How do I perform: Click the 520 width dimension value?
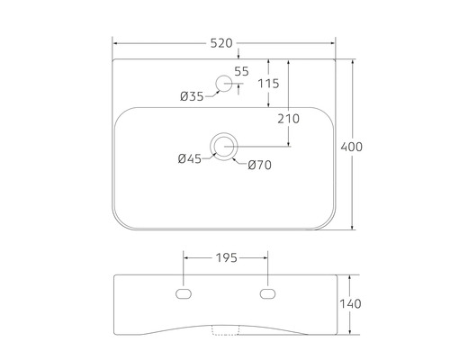(222, 42)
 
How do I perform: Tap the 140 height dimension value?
(352, 304)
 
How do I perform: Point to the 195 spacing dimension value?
(226, 258)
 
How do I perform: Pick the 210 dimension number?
(288, 118)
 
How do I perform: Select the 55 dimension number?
(241, 71)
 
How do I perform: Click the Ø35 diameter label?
(192, 96)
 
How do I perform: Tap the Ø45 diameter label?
(189, 158)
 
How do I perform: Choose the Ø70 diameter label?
(258, 164)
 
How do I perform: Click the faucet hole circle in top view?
(222, 85)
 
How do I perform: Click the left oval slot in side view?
(184, 293)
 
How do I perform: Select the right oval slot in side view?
(267, 293)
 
